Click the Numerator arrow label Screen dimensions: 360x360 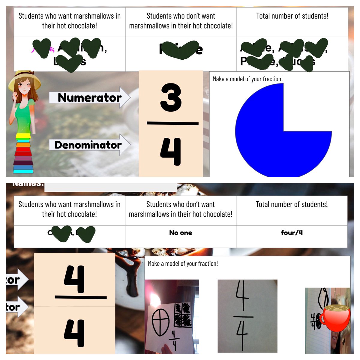pyautogui.click(x=89, y=97)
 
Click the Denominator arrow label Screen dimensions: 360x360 pyautogui.click(x=88, y=145)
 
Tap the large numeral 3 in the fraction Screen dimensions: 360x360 pyautogui.click(x=171, y=97)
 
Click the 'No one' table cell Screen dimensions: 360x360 pyautogui.click(x=181, y=233)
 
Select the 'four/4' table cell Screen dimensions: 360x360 pyautogui.click(x=292, y=233)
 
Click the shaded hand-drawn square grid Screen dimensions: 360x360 pyautogui.click(x=183, y=315)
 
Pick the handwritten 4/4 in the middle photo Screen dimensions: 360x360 pyautogui.click(x=243, y=313)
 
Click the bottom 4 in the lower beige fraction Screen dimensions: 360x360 pyautogui.click(x=74, y=333)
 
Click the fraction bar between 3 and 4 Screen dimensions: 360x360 pyautogui.click(x=172, y=123)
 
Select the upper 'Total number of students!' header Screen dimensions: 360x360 pyautogui.click(x=292, y=16)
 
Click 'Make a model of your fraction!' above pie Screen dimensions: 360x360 pyautogui.click(x=248, y=79)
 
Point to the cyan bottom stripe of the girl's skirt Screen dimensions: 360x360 pyautogui.click(x=23, y=171)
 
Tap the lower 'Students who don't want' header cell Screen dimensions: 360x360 pyautogui.click(x=181, y=209)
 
